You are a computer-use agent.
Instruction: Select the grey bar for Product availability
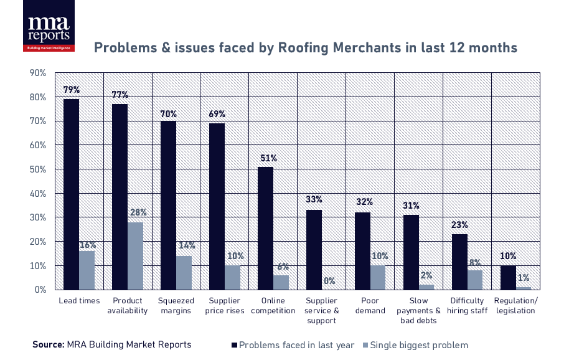(136, 256)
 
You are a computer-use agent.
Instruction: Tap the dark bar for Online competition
(266, 228)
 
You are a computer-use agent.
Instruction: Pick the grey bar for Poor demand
(379, 277)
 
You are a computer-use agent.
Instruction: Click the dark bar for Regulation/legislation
(509, 277)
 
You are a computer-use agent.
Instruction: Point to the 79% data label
(71, 90)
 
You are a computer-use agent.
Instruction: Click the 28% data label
(136, 213)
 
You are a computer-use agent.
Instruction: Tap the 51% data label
(266, 158)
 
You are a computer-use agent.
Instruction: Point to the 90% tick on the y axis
(38, 73)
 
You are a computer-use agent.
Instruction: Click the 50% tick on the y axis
(38, 169)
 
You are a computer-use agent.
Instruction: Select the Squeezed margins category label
(176, 306)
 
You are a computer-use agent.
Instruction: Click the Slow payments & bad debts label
(418, 311)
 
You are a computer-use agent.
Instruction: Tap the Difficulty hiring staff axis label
(467, 306)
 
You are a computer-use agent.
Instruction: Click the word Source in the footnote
(48, 344)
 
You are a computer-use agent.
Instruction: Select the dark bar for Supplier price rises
(217, 206)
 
